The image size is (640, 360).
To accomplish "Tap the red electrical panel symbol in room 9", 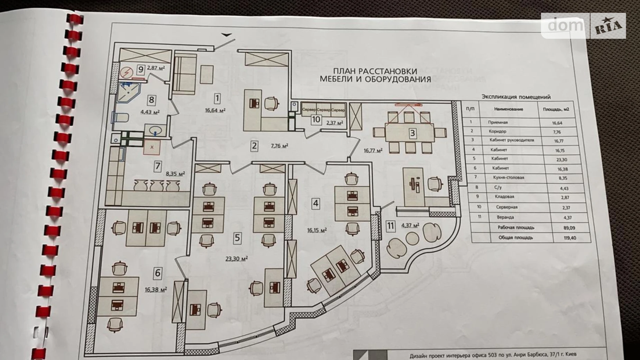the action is point(127,73).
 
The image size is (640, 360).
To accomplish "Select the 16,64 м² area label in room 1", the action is point(215,110).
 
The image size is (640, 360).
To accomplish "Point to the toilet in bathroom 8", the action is point(121,118).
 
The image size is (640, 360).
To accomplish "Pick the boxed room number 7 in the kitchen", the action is point(158,166).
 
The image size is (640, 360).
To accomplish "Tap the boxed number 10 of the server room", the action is point(316,120).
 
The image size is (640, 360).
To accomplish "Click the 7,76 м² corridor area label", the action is point(280,146).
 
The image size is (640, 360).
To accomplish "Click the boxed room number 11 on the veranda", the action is point(391,226).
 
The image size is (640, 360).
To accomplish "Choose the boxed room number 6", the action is point(158,273).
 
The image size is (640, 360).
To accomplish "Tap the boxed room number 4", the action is point(316,203).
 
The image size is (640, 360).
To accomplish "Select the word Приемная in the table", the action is point(498,122).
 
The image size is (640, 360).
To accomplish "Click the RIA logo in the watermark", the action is point(609,26).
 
